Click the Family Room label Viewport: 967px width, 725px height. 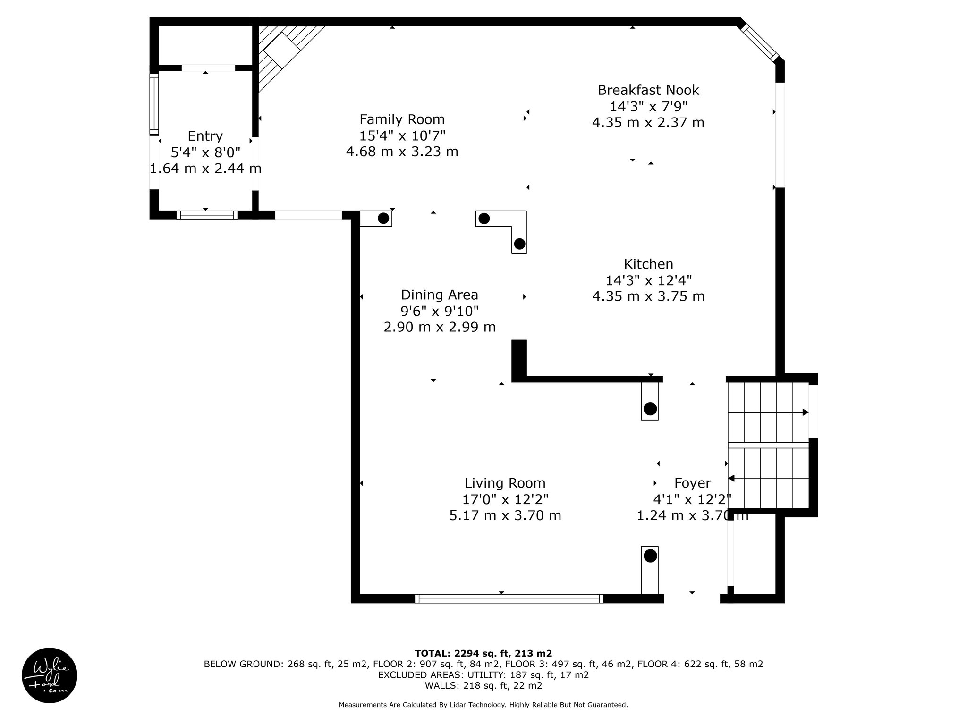click(402, 119)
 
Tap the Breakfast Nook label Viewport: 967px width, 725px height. click(648, 90)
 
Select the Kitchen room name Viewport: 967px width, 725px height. click(648, 264)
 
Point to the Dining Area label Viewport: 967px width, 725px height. click(440, 295)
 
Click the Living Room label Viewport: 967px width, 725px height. click(505, 483)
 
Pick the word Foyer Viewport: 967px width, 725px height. click(693, 483)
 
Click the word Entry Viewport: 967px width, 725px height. click(205, 136)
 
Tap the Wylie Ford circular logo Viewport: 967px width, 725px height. click(50, 675)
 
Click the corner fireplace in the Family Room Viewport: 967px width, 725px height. click(283, 52)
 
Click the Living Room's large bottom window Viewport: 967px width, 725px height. click(509, 599)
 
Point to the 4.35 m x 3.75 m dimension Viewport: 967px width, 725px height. click(648, 296)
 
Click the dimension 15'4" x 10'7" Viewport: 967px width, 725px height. click(402, 135)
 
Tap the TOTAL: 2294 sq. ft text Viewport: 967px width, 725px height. click(462, 654)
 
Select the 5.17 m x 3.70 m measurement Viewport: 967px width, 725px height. click(505, 515)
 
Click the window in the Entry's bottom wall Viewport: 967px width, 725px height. click(207, 215)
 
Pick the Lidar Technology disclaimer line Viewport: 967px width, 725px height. click(483, 705)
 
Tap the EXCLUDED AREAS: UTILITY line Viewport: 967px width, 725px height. click(483, 675)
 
